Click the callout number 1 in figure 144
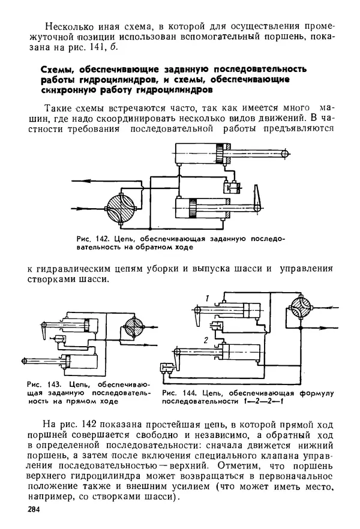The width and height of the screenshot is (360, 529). pos(206,299)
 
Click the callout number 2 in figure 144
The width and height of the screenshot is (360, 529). pos(206,340)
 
